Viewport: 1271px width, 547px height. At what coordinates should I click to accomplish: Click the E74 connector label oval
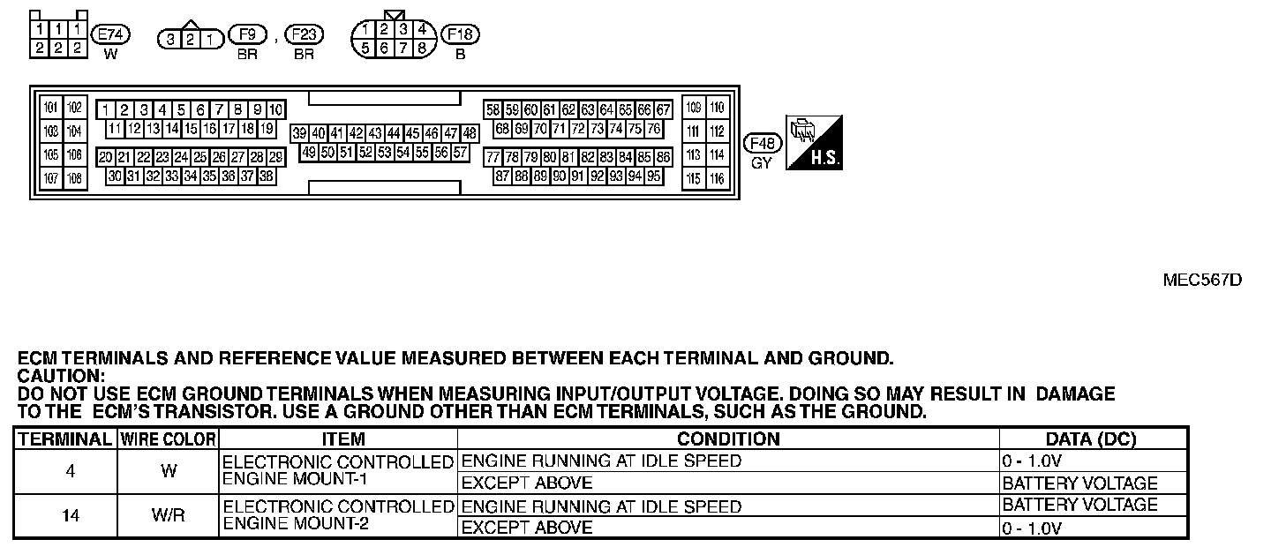pyautogui.click(x=111, y=34)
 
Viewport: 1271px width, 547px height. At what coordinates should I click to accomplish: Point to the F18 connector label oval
pyautogui.click(x=460, y=34)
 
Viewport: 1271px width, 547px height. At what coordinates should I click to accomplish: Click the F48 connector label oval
pyautogui.click(x=762, y=143)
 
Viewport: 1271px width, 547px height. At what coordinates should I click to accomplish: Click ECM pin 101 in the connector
pyautogui.click(x=51, y=109)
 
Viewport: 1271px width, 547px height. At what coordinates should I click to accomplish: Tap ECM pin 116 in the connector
pyautogui.click(x=717, y=179)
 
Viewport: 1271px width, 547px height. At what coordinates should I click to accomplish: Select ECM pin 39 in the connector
pyautogui.click(x=299, y=133)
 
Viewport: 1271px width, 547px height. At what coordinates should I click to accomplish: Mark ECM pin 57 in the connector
pyautogui.click(x=460, y=152)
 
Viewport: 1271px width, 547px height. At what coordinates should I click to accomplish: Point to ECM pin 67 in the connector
pyautogui.click(x=663, y=110)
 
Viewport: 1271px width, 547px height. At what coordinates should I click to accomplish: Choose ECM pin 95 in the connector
pyautogui.click(x=654, y=176)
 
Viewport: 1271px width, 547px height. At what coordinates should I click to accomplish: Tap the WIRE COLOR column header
pyautogui.click(x=168, y=438)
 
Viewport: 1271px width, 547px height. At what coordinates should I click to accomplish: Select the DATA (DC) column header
pyautogui.click(x=1090, y=438)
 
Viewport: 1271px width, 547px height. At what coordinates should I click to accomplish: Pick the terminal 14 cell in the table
pyautogui.click(x=70, y=516)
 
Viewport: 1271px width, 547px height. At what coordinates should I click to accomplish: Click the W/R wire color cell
pyautogui.click(x=168, y=516)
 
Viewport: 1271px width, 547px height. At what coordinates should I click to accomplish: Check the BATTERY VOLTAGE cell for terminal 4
pyautogui.click(x=1079, y=483)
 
